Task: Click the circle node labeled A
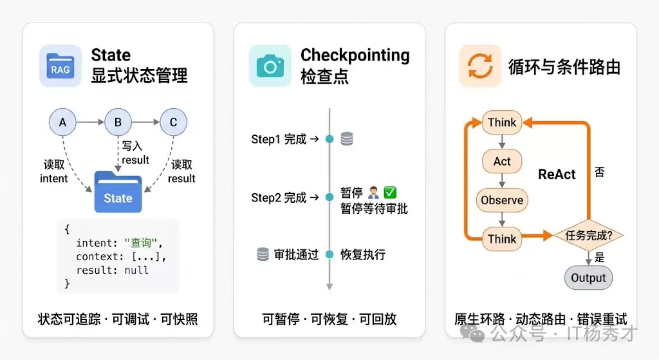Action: [62, 122]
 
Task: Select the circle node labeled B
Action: [118, 122]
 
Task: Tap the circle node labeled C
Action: [173, 122]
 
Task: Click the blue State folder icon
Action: [118, 192]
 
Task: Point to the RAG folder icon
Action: [60, 66]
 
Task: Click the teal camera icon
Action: [270, 66]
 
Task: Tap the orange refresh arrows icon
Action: [480, 66]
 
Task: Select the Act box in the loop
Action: [502, 161]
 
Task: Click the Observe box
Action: [502, 200]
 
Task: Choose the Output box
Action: [588, 278]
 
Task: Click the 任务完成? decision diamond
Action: [588, 236]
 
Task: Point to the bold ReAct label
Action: [557, 174]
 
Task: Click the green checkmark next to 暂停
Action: [390, 193]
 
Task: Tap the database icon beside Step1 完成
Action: [347, 139]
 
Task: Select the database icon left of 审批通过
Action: [263, 254]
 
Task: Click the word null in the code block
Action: [136, 270]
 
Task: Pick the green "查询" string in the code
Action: [141, 243]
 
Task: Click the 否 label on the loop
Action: [600, 172]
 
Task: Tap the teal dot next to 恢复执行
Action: [329, 254]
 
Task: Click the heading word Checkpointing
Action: [355, 55]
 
